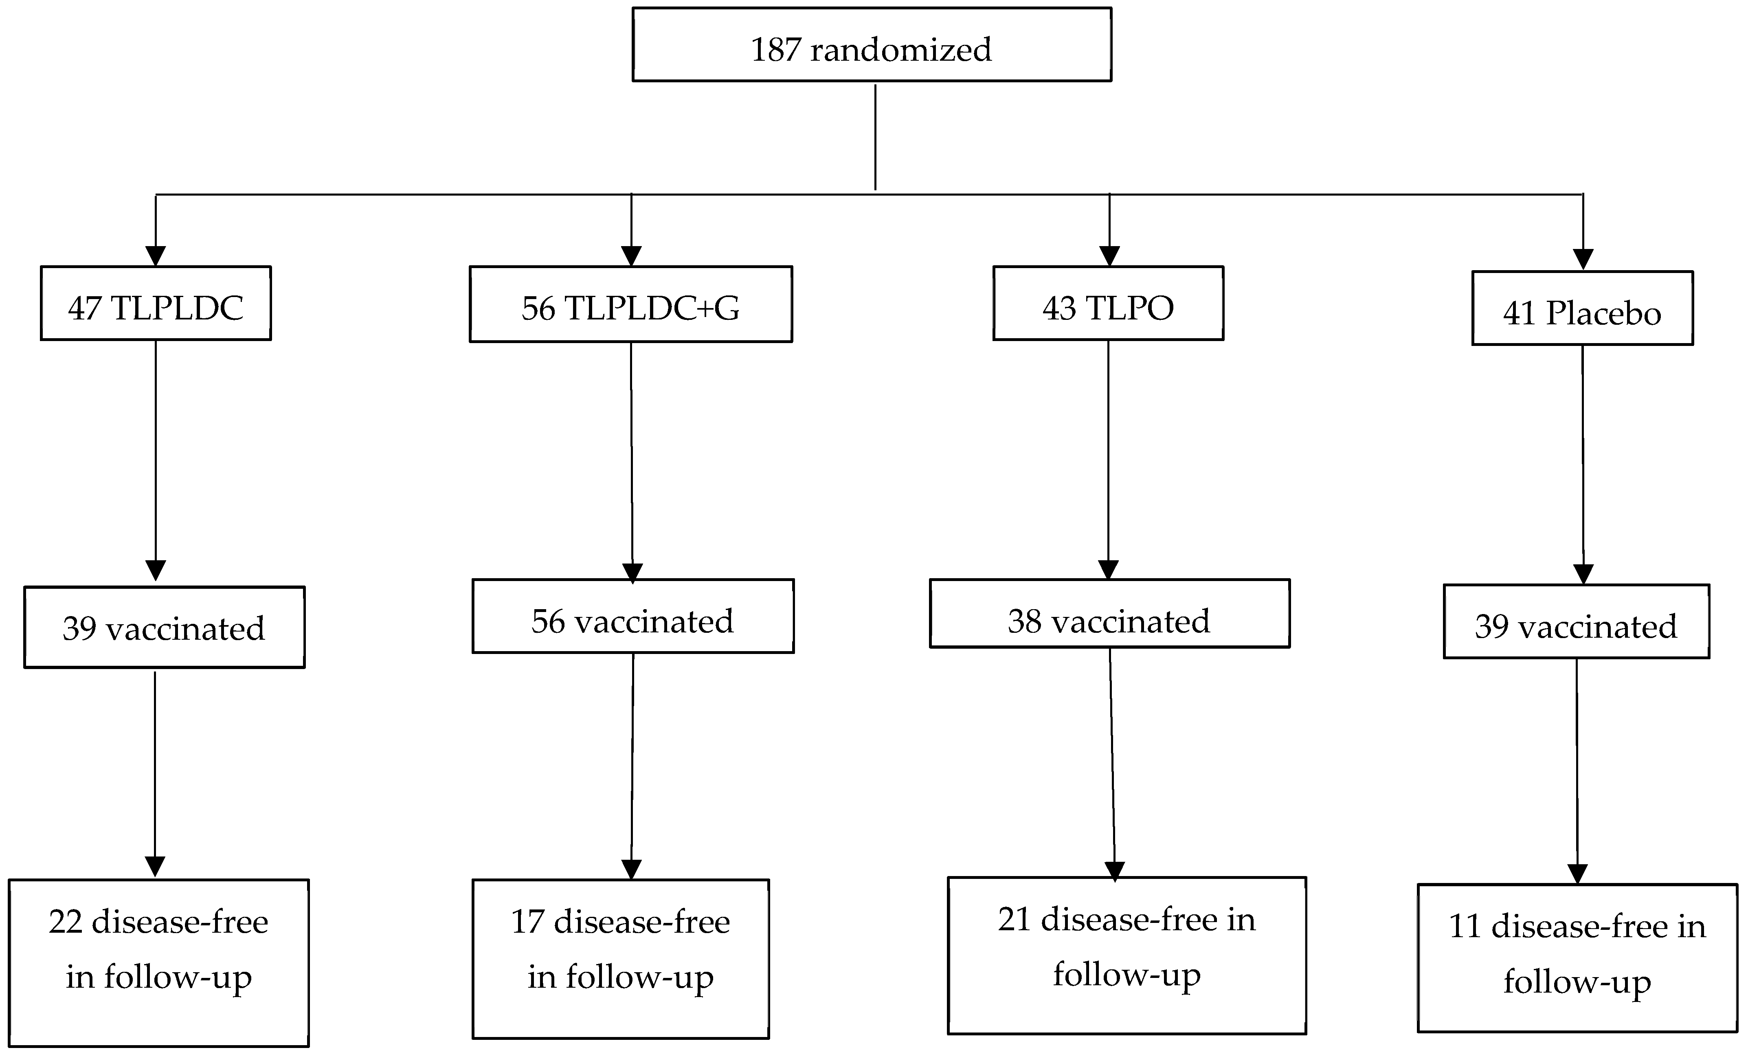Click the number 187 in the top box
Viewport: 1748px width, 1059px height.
coord(775,50)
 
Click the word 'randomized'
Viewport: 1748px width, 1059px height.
coord(901,50)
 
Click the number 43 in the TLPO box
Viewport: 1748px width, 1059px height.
coord(1059,309)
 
